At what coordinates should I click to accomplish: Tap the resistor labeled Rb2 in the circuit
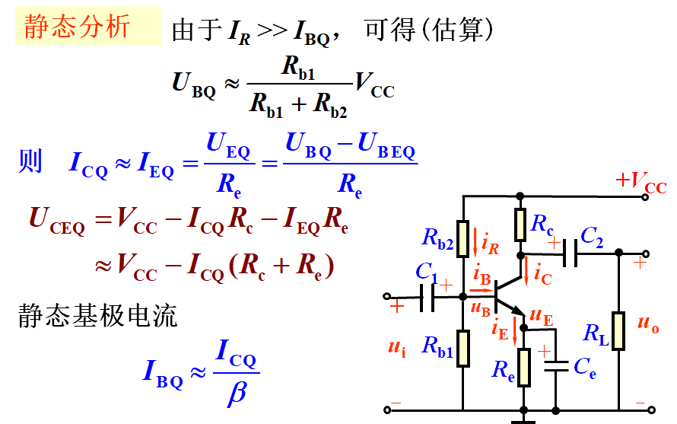(x=463, y=237)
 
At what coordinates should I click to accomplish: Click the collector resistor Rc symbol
(x=520, y=224)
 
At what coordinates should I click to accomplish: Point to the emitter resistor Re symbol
(x=523, y=367)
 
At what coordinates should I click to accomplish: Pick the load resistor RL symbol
(x=618, y=331)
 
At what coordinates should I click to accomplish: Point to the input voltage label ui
(x=396, y=348)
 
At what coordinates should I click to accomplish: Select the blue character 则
(x=30, y=161)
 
